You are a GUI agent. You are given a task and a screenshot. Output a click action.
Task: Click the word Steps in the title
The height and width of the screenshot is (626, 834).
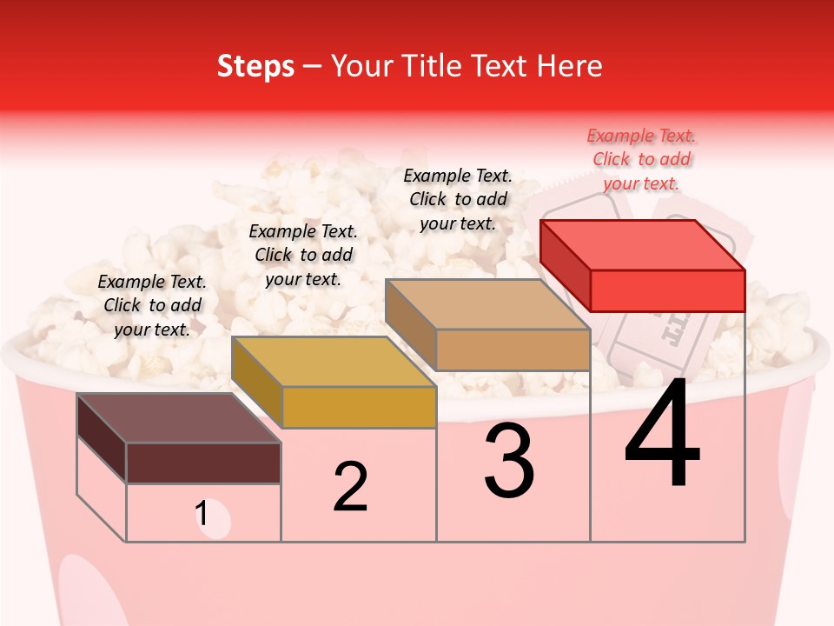(255, 66)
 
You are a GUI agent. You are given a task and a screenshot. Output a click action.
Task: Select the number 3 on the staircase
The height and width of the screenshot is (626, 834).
(509, 461)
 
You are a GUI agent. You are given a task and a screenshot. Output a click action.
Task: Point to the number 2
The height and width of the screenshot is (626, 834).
(350, 487)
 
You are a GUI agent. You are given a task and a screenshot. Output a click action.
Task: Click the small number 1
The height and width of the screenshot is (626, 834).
(202, 515)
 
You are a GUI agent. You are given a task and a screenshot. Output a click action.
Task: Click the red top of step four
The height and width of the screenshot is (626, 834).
(643, 244)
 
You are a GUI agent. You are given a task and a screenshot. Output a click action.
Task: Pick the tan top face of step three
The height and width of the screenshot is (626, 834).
(488, 304)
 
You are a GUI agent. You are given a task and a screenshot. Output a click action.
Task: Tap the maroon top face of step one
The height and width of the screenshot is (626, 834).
(179, 418)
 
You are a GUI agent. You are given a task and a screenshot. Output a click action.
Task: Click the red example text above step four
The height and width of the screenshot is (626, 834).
(641, 159)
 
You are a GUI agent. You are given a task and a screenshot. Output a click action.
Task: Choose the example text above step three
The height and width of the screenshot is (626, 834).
(458, 199)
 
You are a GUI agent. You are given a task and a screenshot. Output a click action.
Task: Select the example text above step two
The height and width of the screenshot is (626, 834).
(303, 255)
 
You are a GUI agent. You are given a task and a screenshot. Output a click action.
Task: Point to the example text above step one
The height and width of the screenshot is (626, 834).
(152, 305)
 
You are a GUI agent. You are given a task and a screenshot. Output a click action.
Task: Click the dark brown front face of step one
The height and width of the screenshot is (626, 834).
(203, 463)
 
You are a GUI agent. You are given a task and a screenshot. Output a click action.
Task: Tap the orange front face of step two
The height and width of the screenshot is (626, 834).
(359, 407)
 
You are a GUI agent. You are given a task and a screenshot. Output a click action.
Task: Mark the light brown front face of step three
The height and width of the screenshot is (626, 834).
(513, 350)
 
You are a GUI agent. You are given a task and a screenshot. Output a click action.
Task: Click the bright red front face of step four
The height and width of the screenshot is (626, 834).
(667, 290)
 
